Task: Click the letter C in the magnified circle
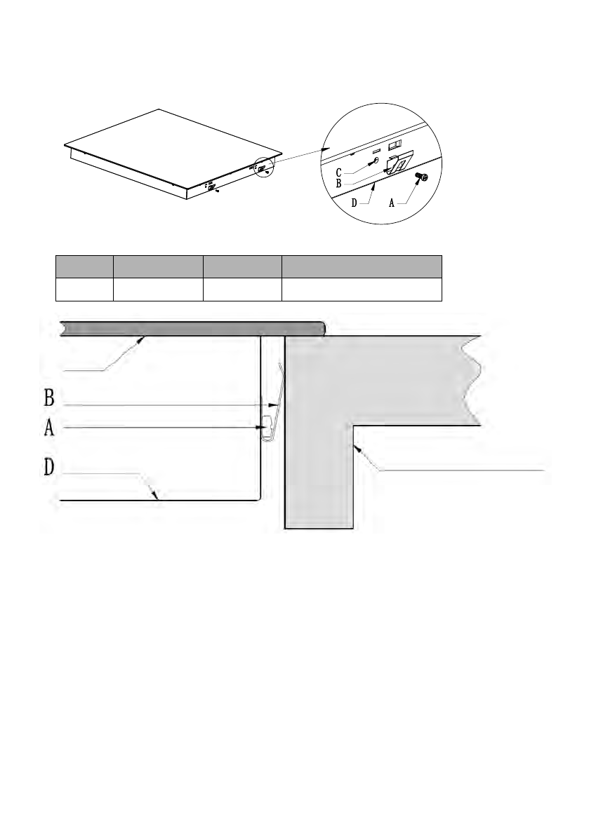point(338,172)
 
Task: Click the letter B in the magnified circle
point(338,183)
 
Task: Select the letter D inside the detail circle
point(355,203)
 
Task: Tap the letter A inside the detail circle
point(392,203)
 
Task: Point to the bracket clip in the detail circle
point(399,163)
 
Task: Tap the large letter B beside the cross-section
point(49,398)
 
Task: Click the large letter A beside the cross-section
point(49,428)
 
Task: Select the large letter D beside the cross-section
point(49,466)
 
